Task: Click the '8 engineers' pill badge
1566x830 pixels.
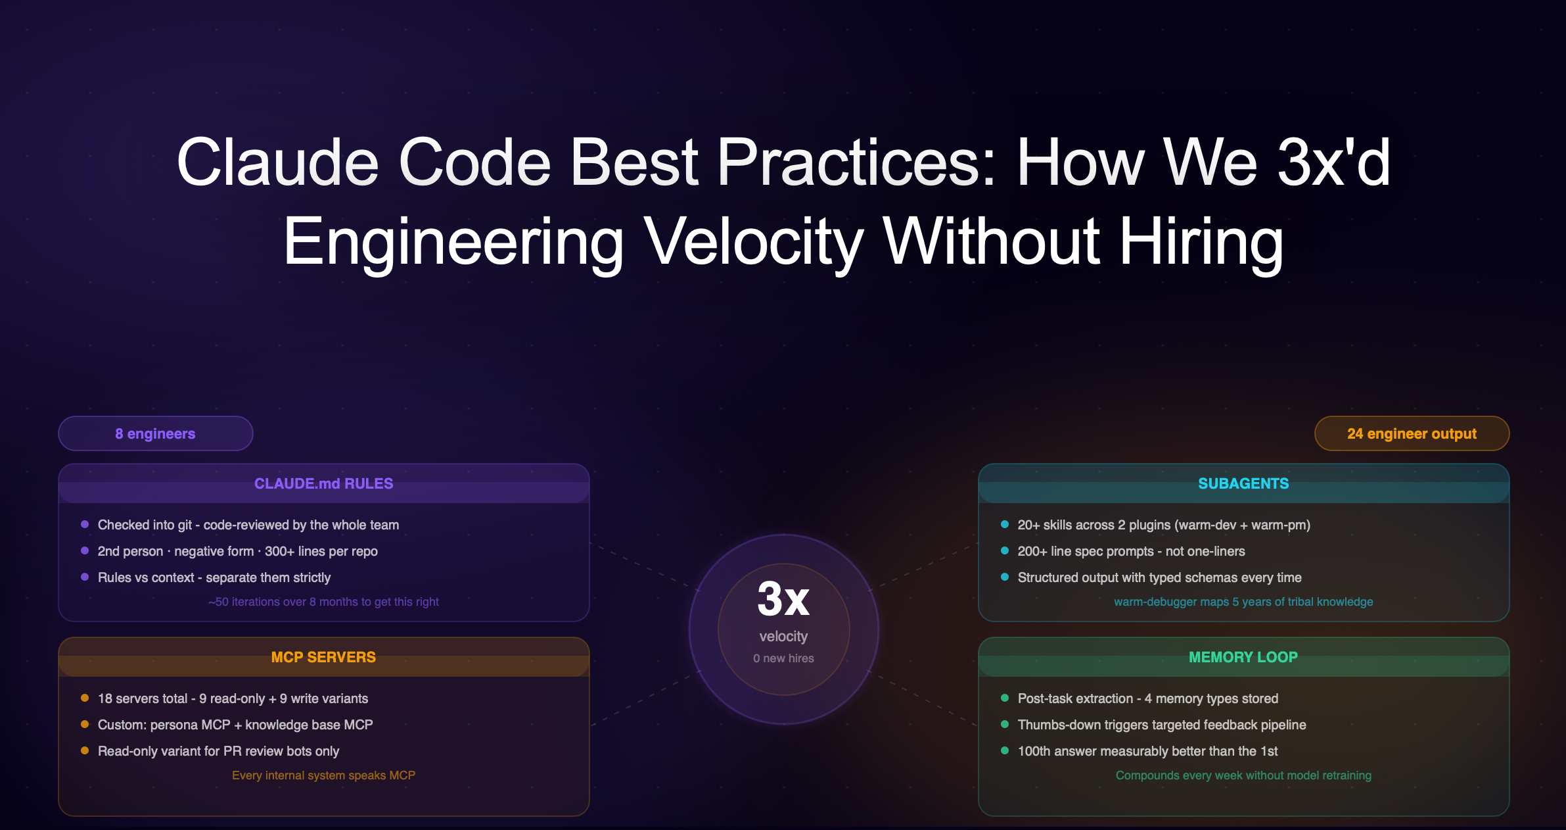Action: pyautogui.click(x=156, y=433)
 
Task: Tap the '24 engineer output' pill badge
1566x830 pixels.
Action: pyautogui.click(x=1412, y=433)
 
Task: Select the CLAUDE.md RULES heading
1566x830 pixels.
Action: pyautogui.click(x=323, y=483)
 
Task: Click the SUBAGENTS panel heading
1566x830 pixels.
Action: pyautogui.click(x=1243, y=483)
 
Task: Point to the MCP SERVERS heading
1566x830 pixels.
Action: pyautogui.click(x=323, y=657)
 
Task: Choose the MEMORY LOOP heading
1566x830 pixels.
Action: pyautogui.click(x=1243, y=657)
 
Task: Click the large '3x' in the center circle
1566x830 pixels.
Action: pyautogui.click(x=783, y=598)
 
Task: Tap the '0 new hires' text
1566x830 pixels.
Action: pyautogui.click(x=783, y=658)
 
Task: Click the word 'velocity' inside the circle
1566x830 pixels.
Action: pyautogui.click(x=783, y=636)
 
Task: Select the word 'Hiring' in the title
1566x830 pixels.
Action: pyautogui.click(x=1201, y=242)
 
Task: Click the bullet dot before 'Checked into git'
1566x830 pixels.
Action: pyautogui.click(x=85, y=524)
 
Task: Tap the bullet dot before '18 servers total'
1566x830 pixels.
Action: pyautogui.click(x=85, y=698)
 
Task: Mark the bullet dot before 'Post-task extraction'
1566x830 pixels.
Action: pyautogui.click(x=1005, y=698)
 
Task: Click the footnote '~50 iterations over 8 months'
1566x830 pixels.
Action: pyautogui.click(x=323, y=602)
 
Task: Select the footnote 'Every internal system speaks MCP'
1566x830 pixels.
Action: pyautogui.click(x=323, y=775)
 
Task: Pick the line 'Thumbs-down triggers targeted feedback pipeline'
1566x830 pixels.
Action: pyautogui.click(x=1161, y=725)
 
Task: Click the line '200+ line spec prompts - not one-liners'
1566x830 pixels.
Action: pyautogui.click(x=1131, y=551)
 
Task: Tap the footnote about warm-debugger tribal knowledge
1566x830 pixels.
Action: pyautogui.click(x=1243, y=602)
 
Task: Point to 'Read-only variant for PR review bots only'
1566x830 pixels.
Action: pyautogui.click(x=218, y=751)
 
